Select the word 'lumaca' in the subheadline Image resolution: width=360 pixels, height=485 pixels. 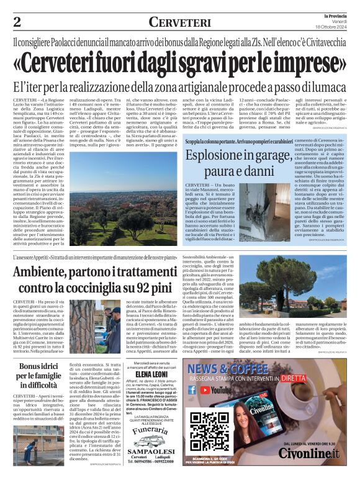coord(322,87)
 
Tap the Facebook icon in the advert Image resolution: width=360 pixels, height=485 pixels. coord(192,390)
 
